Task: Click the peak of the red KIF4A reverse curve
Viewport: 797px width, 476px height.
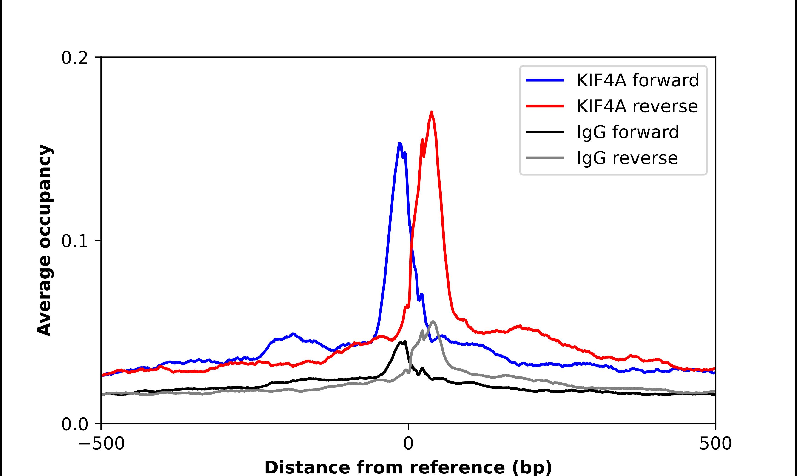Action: (x=432, y=112)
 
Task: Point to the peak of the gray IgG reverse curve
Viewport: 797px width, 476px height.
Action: (x=433, y=321)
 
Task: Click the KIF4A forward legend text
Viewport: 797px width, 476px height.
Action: (x=638, y=80)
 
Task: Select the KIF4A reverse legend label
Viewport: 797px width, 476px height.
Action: (x=637, y=106)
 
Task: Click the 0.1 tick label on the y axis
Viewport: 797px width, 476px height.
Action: (x=74, y=241)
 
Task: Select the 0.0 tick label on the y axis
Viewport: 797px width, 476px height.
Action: (x=74, y=424)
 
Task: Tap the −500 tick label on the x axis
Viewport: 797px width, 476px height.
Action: (x=102, y=444)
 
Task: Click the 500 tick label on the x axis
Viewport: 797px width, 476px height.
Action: (x=715, y=444)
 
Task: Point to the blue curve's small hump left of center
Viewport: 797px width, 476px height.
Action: (x=293, y=334)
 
